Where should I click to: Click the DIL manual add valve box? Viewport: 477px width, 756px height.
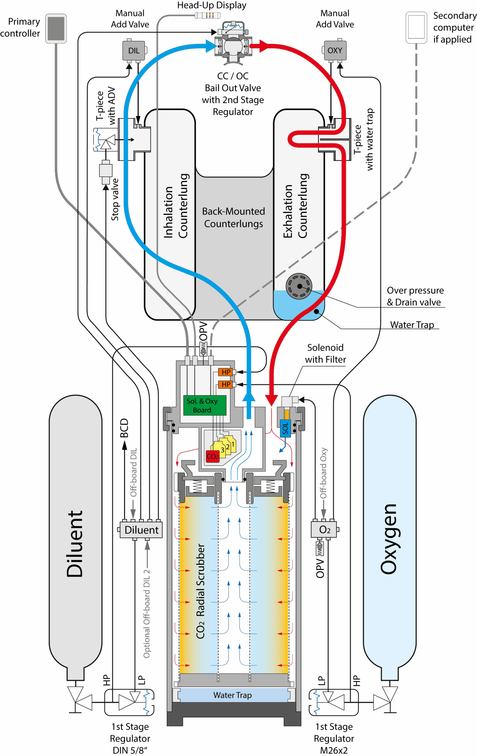tap(134, 50)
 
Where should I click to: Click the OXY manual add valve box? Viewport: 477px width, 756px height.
tap(335, 50)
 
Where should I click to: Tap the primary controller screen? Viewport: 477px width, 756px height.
tap(56, 28)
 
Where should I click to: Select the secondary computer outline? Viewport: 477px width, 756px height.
tap(416, 28)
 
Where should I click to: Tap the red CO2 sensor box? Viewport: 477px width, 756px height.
tap(212, 456)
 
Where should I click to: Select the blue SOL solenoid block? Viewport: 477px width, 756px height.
tap(285, 428)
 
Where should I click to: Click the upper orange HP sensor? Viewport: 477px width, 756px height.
tap(225, 372)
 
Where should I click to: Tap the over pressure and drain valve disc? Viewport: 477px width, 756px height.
tap(298, 286)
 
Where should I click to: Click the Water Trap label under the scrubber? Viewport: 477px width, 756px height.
tap(233, 695)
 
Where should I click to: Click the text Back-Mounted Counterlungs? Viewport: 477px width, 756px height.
tap(233, 217)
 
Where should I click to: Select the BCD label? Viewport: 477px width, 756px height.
tap(124, 428)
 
